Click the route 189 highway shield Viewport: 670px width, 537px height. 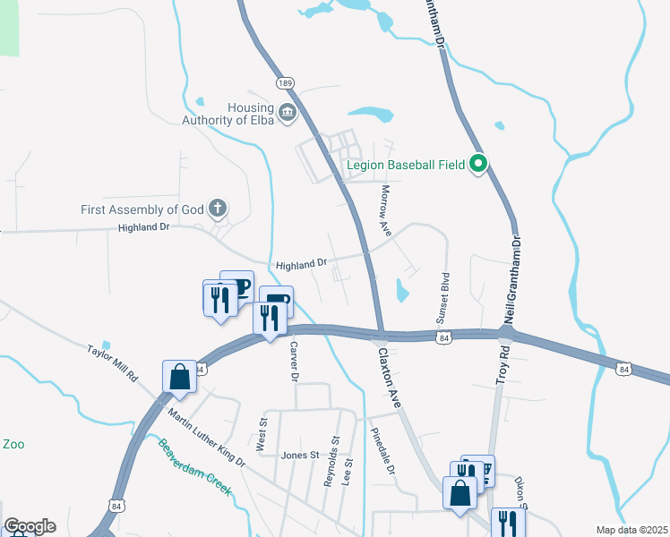286,83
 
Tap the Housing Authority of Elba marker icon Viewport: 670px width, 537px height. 288,113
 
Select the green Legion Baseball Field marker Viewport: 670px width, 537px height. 478,164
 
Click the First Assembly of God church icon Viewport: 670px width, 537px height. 216,209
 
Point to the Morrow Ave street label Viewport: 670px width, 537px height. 386,210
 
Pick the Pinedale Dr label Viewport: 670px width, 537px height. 382,451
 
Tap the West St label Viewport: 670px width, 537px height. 263,433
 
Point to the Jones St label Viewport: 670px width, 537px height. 300,455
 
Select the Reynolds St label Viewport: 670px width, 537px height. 331,461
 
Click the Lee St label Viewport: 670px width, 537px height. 348,473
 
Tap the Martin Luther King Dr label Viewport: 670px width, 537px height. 206,437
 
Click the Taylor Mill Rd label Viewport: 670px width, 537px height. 112,363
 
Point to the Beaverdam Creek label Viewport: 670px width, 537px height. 195,468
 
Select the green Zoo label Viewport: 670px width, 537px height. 13,444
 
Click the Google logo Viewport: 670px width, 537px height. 30,526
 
